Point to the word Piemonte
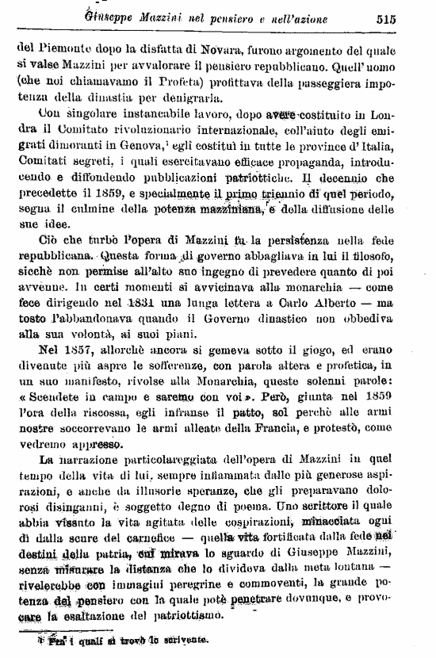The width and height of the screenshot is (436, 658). [x=63, y=48]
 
